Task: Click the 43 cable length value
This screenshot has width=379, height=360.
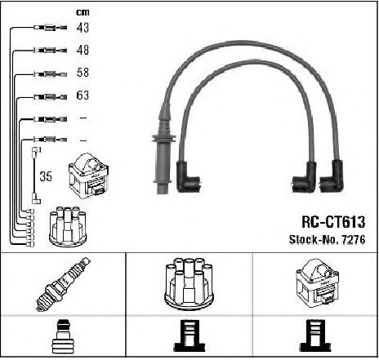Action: [82, 28]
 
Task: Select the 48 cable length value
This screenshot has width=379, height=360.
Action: [82, 50]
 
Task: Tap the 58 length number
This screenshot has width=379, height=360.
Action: [82, 73]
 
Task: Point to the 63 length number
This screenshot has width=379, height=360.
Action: [82, 96]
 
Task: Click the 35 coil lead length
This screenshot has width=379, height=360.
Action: [46, 176]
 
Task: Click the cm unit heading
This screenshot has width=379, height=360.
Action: [82, 12]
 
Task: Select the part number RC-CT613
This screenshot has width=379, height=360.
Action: [333, 222]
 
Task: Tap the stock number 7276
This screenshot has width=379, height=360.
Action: [353, 239]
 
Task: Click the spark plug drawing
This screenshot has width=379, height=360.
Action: [64, 284]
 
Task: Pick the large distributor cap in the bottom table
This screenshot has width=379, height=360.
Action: [189, 284]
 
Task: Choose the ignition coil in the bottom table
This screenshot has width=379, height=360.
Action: [317, 283]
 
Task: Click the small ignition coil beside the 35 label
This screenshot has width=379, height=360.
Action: [89, 176]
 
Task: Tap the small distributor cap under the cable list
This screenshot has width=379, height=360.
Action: [68, 227]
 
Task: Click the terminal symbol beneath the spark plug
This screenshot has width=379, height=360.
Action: [64, 337]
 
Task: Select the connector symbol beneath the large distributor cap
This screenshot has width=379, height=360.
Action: [189, 336]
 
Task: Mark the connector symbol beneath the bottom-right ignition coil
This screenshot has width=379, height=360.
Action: [315, 336]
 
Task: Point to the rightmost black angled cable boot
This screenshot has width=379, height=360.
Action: [332, 176]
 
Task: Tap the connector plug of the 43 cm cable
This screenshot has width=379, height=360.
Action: [51, 28]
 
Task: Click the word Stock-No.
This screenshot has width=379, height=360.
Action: [314, 239]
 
